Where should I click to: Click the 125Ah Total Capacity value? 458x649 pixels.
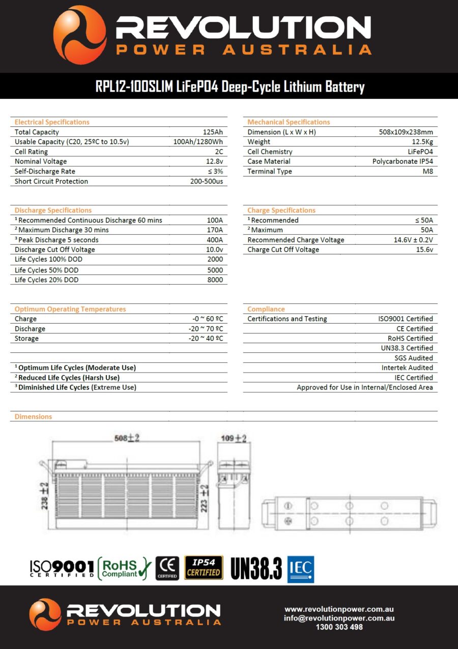coord(212,132)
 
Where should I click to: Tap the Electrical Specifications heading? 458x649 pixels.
coord(52,122)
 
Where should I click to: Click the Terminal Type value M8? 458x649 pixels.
coord(427,172)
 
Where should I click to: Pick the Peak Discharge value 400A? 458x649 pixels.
coord(214,240)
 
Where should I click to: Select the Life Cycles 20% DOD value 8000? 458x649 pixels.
coord(214,280)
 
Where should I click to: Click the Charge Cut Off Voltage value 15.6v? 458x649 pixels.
coord(423,250)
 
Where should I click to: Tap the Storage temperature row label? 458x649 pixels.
coord(26,338)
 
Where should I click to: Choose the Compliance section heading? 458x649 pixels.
coord(266,309)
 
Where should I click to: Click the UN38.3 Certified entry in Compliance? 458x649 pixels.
coord(403,348)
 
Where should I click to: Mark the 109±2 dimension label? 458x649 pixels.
coord(234,438)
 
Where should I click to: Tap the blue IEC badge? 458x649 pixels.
coord(301,569)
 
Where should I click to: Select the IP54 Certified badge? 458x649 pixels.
coord(204,568)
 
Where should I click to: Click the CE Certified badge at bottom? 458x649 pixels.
coord(167,568)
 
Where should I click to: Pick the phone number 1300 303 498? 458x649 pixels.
coord(339,628)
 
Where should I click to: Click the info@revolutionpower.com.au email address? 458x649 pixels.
coord(339,618)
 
